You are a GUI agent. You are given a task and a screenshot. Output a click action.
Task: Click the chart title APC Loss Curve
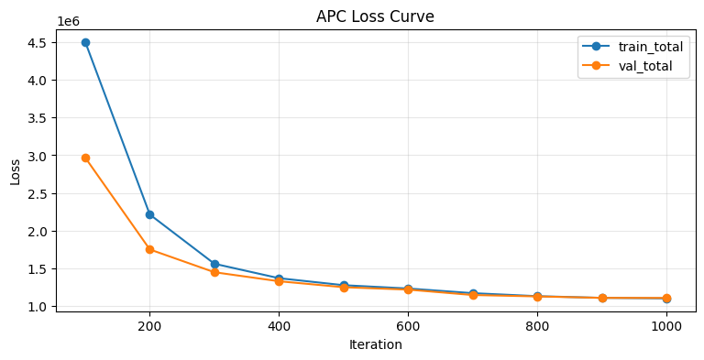[x=376, y=16]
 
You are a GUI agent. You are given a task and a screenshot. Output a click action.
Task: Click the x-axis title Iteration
[x=376, y=345]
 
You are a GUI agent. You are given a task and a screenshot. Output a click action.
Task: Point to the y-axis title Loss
[x=16, y=170]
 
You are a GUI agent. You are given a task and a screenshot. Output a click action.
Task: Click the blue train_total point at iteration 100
[x=85, y=42]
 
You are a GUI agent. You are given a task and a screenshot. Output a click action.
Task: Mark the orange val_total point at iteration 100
[x=85, y=158]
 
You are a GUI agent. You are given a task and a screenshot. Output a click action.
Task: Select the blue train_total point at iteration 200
[x=149, y=214]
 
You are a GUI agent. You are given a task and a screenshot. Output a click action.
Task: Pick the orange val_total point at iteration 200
[x=149, y=249]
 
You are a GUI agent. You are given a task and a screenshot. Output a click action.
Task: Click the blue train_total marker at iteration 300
[x=214, y=264]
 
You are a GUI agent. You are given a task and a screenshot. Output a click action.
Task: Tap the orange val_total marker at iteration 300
[x=214, y=272]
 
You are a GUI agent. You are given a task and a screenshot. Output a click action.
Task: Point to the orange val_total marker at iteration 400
[x=279, y=281]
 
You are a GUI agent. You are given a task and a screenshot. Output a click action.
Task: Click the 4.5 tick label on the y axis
[x=37, y=43]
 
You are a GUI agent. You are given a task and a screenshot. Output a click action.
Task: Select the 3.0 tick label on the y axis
[x=37, y=156]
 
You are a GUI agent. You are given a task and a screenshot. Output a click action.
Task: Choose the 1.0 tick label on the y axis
[x=37, y=307]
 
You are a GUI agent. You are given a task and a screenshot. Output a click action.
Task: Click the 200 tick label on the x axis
[x=149, y=325]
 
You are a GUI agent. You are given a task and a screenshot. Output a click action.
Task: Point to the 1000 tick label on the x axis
[x=666, y=325]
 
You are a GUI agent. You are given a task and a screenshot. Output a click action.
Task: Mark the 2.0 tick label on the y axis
[x=37, y=232]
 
